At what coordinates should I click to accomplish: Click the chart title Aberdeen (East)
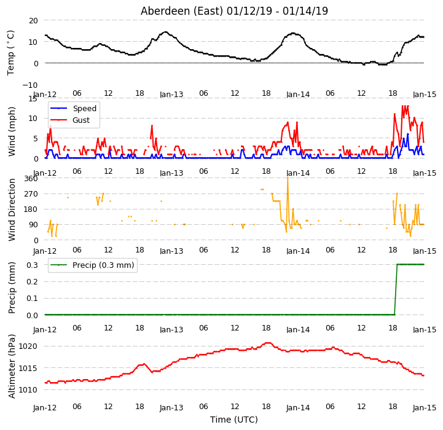click(x=182, y=11)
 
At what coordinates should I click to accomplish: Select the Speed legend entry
click(x=74, y=109)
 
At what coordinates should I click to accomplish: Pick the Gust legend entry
click(x=70, y=120)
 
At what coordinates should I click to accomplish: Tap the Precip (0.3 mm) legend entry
click(x=92, y=265)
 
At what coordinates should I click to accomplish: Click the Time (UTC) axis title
click(x=234, y=420)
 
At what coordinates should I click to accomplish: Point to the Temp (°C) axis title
click(x=10, y=53)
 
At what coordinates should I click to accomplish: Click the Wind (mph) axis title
click(x=12, y=131)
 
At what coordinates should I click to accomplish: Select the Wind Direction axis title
click(x=12, y=209)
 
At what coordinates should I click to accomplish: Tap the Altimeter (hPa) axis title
click(x=12, y=366)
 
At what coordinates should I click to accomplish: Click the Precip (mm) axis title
click(x=12, y=287)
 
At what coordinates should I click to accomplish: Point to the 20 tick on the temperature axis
click(x=33, y=21)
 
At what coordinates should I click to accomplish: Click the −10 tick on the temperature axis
click(x=29, y=85)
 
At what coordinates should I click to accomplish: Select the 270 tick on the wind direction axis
click(x=31, y=194)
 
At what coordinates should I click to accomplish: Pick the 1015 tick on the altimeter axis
click(x=28, y=368)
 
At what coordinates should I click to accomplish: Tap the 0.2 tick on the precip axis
click(x=32, y=282)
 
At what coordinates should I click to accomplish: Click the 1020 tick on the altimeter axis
click(x=28, y=346)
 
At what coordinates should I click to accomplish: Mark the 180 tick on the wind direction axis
click(x=31, y=209)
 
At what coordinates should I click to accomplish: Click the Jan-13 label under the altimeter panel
click(x=171, y=408)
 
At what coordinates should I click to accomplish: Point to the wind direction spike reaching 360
click(x=288, y=178)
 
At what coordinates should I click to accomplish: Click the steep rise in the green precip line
click(x=396, y=289)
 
